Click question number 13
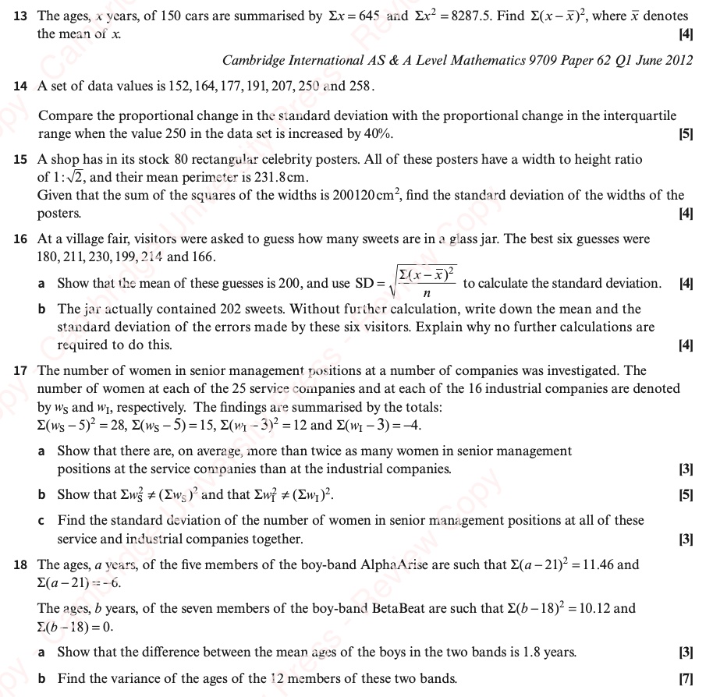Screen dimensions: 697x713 21,16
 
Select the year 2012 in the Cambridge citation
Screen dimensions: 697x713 676,60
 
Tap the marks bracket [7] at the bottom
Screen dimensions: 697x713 686,679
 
